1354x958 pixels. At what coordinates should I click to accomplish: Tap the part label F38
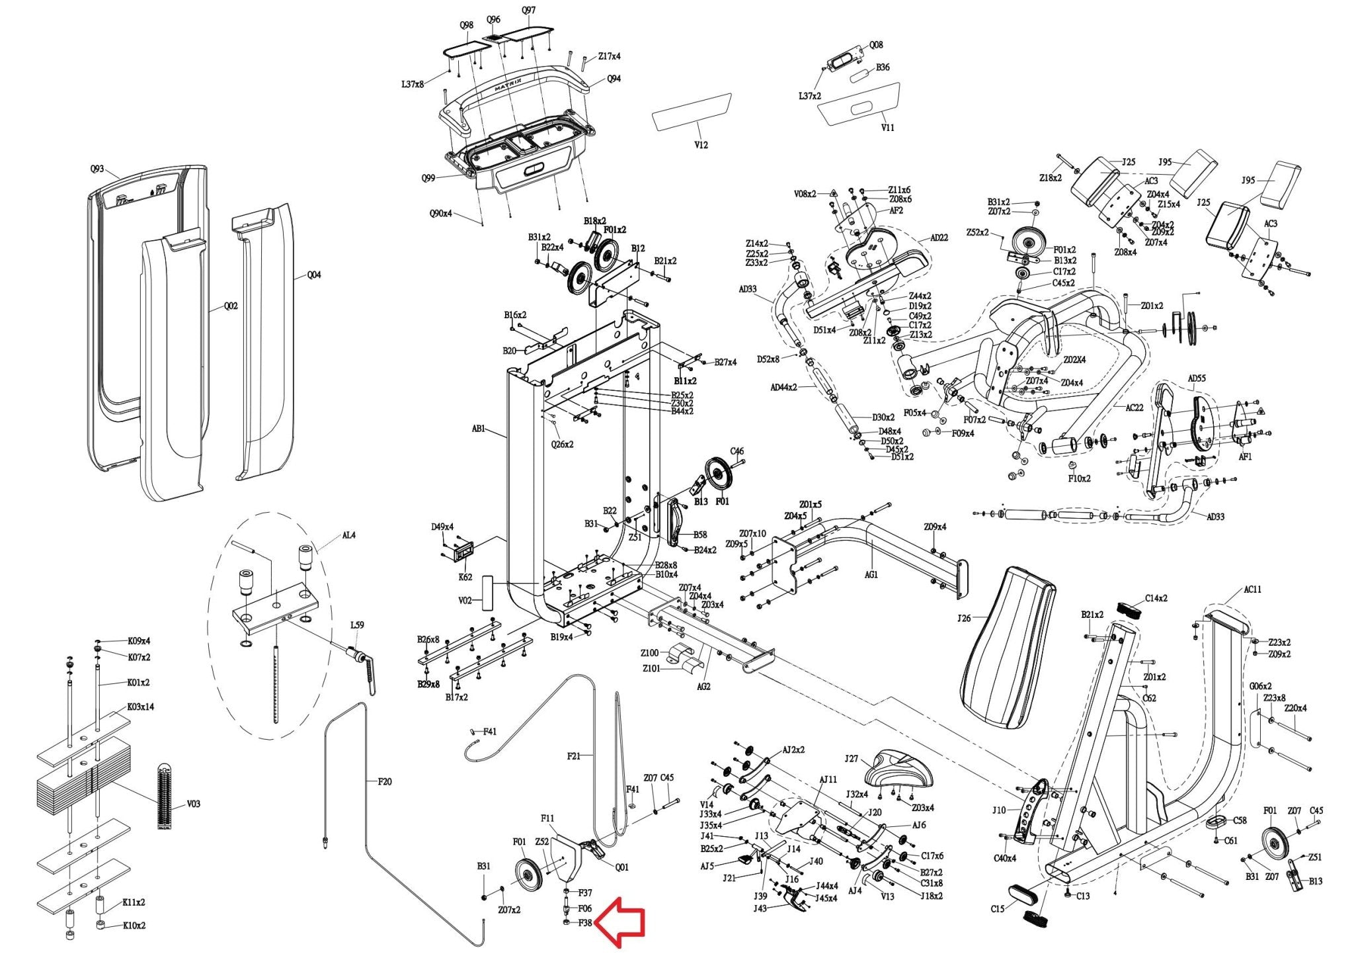[585, 923]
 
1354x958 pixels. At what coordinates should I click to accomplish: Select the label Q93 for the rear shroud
[97, 169]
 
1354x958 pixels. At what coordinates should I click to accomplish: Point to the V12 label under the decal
[701, 145]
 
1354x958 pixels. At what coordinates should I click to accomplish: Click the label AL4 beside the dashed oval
[348, 535]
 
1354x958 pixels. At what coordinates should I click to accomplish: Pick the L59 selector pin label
[356, 625]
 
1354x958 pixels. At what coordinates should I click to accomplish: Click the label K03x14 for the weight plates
[140, 707]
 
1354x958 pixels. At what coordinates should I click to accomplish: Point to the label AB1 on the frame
[479, 429]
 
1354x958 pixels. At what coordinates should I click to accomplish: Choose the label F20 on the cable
[385, 781]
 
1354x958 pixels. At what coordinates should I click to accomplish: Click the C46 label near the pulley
[737, 451]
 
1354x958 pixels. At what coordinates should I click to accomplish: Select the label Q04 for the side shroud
[314, 275]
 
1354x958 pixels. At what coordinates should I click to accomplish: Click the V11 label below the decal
[887, 128]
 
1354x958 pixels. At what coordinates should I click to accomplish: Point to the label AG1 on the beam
[871, 574]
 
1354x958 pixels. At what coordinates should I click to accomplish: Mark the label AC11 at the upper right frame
[1252, 589]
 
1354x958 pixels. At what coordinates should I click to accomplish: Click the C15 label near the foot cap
[998, 908]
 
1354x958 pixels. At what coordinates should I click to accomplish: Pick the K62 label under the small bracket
[465, 577]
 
